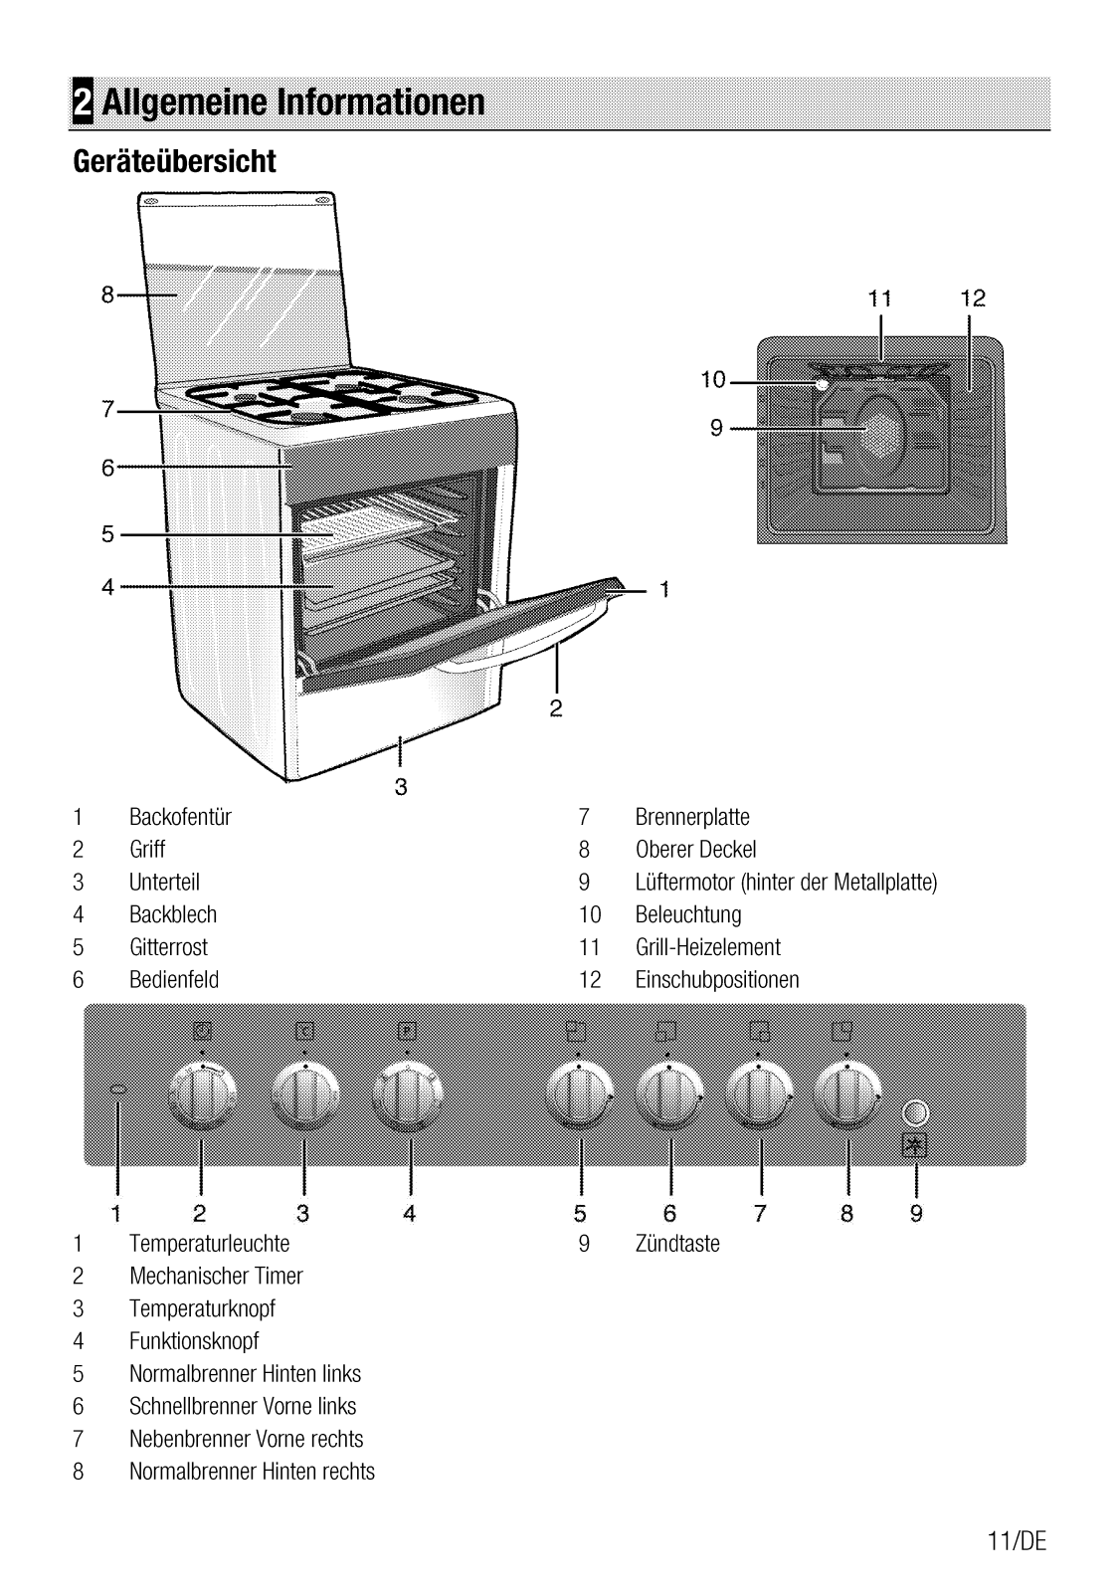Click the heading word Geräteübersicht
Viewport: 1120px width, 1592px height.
(174, 161)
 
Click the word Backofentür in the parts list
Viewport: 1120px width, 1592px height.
(180, 817)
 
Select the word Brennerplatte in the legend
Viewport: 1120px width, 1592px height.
(692, 817)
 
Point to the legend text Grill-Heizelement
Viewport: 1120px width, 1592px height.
(708, 947)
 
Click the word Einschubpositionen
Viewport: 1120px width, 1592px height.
(717, 980)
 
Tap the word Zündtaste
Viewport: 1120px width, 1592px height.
(677, 1244)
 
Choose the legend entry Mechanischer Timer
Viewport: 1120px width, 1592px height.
(216, 1277)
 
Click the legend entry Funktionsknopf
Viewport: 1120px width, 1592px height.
(194, 1342)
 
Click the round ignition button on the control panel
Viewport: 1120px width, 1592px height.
(915, 1113)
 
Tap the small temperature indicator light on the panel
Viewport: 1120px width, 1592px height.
(118, 1090)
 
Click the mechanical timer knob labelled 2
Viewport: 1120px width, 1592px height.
(202, 1095)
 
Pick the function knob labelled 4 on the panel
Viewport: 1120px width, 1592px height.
(408, 1095)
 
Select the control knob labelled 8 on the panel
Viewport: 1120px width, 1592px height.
(847, 1095)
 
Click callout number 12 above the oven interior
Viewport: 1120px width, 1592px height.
(973, 298)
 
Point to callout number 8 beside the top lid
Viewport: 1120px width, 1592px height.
(107, 295)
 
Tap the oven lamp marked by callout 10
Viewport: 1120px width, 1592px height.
(822, 384)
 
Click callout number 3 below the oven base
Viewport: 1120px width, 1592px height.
(401, 787)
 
